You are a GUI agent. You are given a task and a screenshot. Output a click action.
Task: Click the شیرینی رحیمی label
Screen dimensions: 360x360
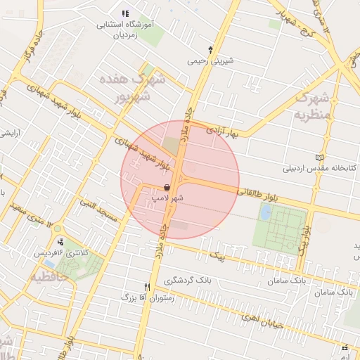(x=210, y=61)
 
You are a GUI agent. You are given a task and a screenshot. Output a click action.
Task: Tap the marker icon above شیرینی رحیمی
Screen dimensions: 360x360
(x=210, y=49)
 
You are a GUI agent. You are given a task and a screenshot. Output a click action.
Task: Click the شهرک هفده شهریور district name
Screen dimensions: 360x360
(x=134, y=88)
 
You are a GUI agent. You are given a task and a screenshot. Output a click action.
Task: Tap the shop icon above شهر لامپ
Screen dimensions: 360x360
(x=166, y=188)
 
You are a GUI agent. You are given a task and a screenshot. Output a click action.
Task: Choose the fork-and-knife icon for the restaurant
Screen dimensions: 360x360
(x=147, y=287)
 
